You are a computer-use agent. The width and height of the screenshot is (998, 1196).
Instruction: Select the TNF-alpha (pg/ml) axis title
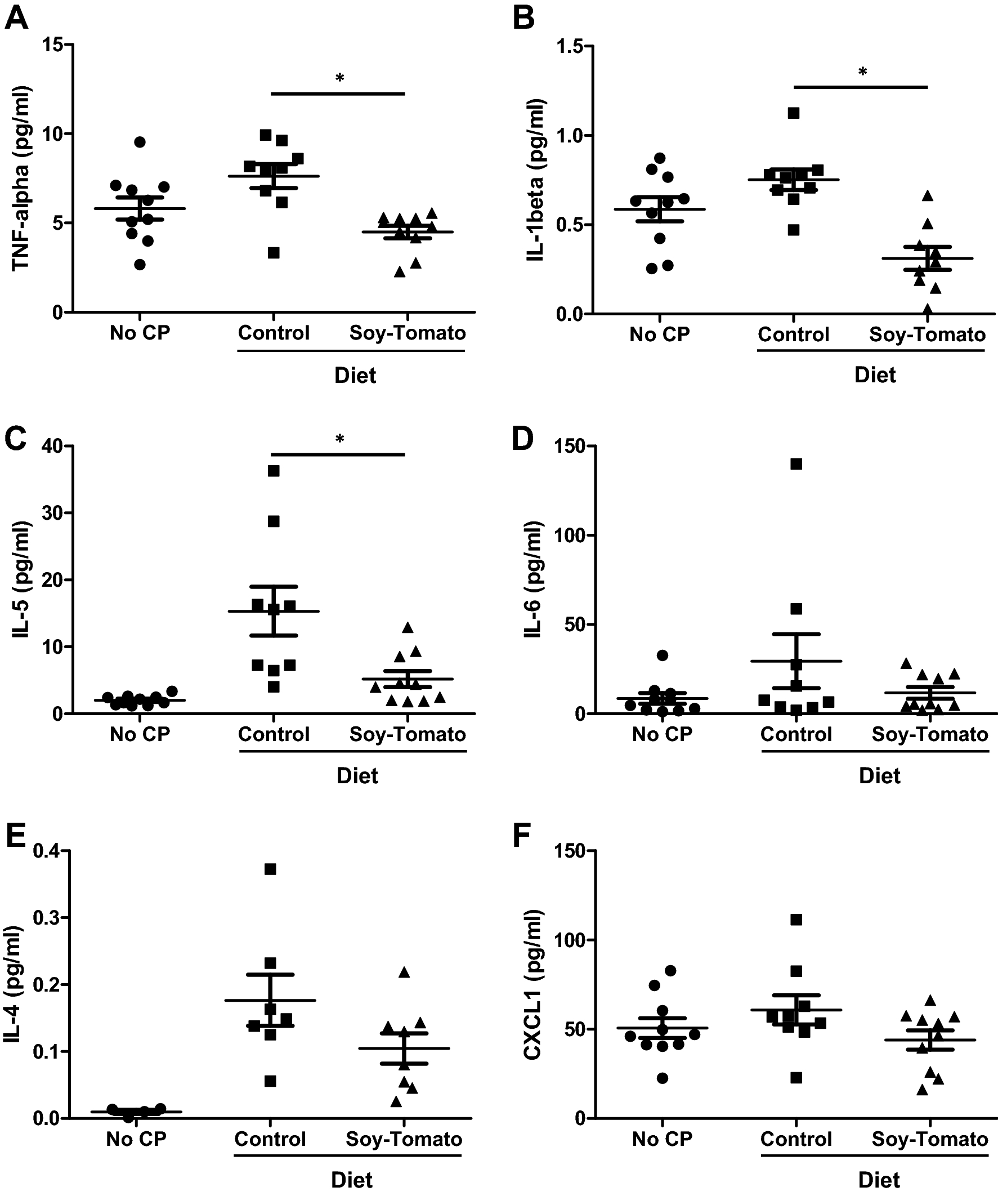(x=21, y=178)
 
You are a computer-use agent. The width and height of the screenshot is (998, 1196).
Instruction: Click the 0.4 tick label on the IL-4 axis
(x=50, y=851)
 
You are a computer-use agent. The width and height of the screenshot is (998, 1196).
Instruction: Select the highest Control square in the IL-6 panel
(x=796, y=464)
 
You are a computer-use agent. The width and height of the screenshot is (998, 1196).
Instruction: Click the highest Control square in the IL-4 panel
(x=270, y=869)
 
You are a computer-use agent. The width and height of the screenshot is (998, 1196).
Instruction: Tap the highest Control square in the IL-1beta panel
(x=794, y=113)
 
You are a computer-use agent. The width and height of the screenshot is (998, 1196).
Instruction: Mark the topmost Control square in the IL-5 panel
(x=274, y=470)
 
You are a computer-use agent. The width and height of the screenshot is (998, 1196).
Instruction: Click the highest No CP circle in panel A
(x=140, y=141)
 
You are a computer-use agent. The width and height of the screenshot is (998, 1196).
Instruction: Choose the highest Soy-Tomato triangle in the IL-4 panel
(x=404, y=972)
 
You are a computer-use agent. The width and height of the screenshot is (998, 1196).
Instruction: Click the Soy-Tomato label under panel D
(x=929, y=734)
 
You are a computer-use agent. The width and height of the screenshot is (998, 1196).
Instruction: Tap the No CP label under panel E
(x=136, y=1139)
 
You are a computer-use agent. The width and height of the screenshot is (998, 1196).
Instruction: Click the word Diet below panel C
(x=357, y=776)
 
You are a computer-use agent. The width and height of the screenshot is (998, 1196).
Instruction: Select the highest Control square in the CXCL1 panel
(x=796, y=920)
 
